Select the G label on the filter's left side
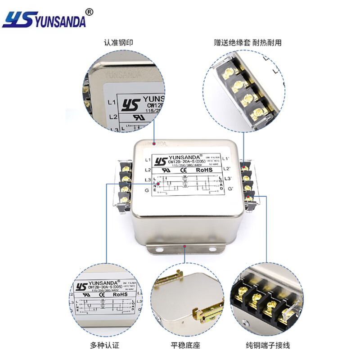147,190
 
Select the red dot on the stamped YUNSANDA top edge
154,144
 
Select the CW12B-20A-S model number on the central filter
184,161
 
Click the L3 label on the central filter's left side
148,180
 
